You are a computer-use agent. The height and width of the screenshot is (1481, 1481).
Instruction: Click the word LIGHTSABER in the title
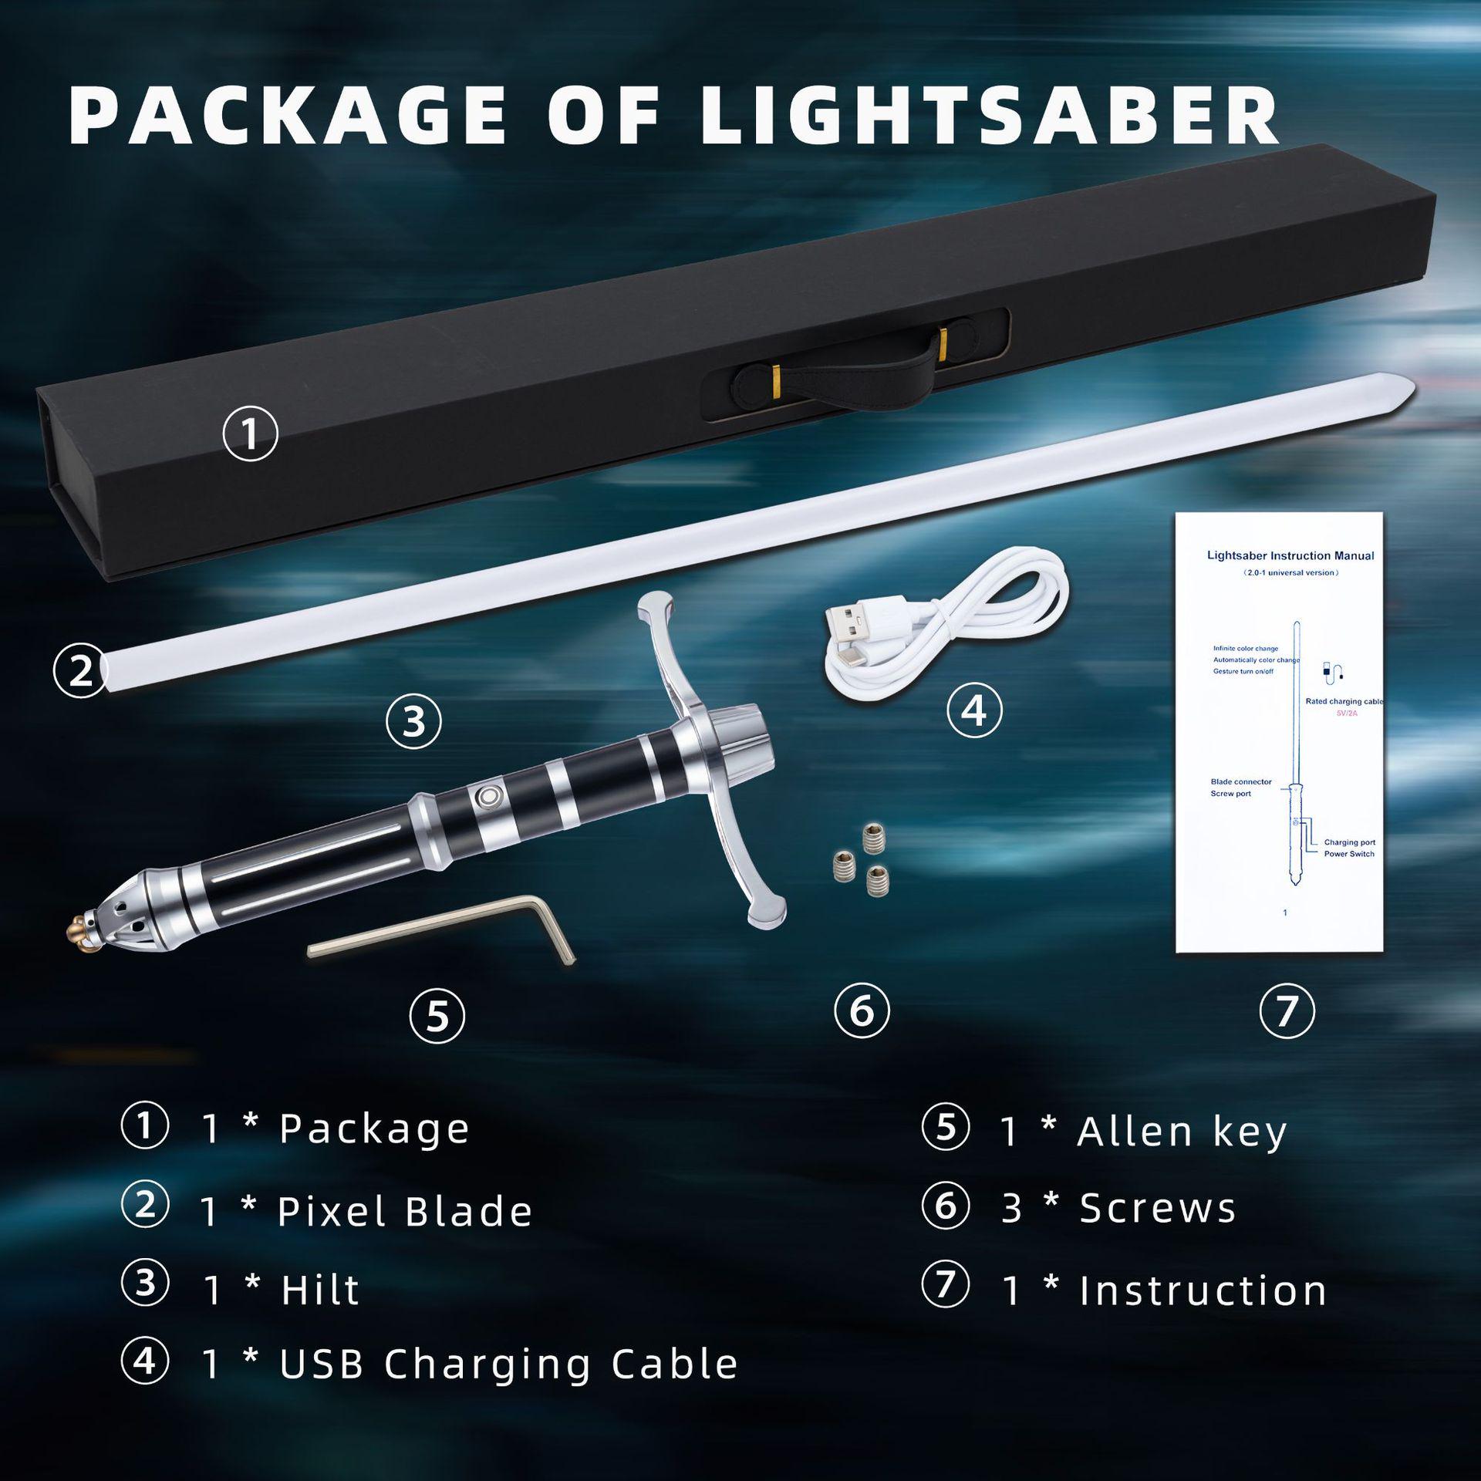[x=989, y=116]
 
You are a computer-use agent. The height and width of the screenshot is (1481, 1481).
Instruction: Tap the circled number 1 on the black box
[x=250, y=434]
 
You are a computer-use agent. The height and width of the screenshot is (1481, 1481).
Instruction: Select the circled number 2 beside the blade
[x=80, y=670]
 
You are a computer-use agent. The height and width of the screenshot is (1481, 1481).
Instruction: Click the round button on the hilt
[x=487, y=795]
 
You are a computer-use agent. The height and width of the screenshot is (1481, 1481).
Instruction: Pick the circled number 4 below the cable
[x=974, y=710]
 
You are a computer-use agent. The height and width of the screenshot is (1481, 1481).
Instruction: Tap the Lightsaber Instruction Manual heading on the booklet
[x=1290, y=555]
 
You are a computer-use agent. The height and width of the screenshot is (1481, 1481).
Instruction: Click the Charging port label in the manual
[x=1349, y=842]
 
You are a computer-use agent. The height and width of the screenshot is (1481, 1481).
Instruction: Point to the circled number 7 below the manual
[x=1287, y=1010]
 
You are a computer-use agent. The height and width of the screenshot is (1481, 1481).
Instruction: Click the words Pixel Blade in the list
[x=404, y=1212]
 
